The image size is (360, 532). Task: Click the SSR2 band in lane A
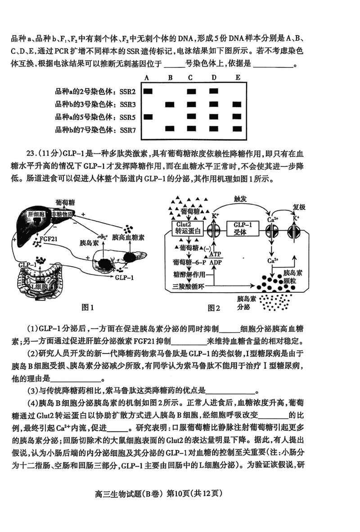click(148, 91)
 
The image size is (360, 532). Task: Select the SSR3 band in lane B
click(170, 104)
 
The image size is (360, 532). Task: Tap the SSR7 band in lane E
click(238, 129)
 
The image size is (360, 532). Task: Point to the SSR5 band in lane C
click(192, 117)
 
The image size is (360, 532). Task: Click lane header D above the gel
click(214, 78)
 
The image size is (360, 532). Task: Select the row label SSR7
click(128, 130)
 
